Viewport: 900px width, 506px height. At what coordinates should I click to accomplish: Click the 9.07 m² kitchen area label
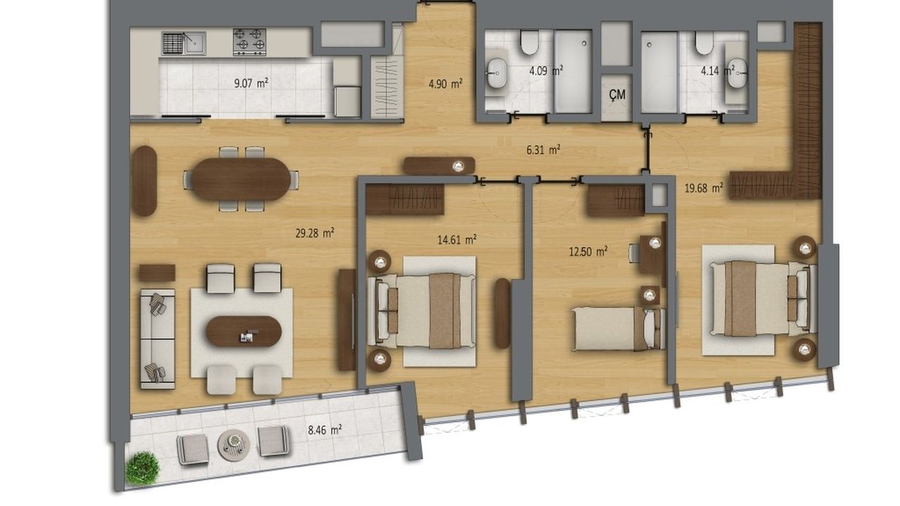[x=251, y=83]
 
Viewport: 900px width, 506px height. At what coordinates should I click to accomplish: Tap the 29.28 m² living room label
[x=315, y=233]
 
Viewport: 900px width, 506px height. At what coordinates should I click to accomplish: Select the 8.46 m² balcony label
[x=325, y=430]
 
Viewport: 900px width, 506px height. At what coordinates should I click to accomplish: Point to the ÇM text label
[x=617, y=94]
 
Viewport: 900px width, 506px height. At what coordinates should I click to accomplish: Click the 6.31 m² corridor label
[x=544, y=150]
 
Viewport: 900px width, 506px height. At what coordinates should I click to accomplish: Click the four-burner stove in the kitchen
[x=250, y=41]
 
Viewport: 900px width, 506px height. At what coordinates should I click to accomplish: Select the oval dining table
[x=241, y=179]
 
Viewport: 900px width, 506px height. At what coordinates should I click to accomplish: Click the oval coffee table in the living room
[x=244, y=331]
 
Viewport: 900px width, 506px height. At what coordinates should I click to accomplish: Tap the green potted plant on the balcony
[x=142, y=468]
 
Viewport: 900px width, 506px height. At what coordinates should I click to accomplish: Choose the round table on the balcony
[x=233, y=445]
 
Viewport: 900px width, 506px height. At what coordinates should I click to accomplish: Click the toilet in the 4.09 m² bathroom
[x=529, y=42]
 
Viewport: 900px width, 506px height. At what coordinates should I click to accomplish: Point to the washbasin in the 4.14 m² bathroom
[x=738, y=73]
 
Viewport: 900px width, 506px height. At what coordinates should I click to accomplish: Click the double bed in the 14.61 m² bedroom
[x=421, y=311]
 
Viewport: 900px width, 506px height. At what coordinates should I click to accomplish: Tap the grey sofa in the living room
[x=157, y=339]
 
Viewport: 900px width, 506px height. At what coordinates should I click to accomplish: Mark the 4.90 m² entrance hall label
[x=445, y=84]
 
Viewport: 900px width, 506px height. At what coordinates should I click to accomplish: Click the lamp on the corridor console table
[x=458, y=167]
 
